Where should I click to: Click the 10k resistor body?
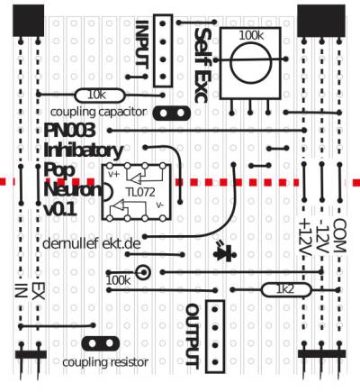click(x=99, y=96)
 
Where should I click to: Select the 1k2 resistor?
click(x=286, y=290)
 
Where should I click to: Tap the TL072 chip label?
click(x=140, y=193)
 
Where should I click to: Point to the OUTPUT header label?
click(x=192, y=335)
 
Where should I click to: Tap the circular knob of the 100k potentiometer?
click(x=250, y=63)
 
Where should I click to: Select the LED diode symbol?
click(x=225, y=252)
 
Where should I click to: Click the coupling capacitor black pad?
click(x=172, y=114)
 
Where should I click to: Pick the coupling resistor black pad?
click(x=101, y=343)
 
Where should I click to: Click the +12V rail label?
click(x=305, y=238)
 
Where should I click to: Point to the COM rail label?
click(x=340, y=235)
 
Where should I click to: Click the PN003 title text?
click(x=70, y=131)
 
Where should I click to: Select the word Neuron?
click(x=73, y=189)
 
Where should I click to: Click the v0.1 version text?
click(x=60, y=210)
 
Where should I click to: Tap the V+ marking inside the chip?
click(x=114, y=174)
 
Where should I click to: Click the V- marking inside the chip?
click(x=160, y=205)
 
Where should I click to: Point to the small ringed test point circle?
click(x=143, y=272)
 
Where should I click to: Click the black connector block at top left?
click(x=29, y=21)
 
